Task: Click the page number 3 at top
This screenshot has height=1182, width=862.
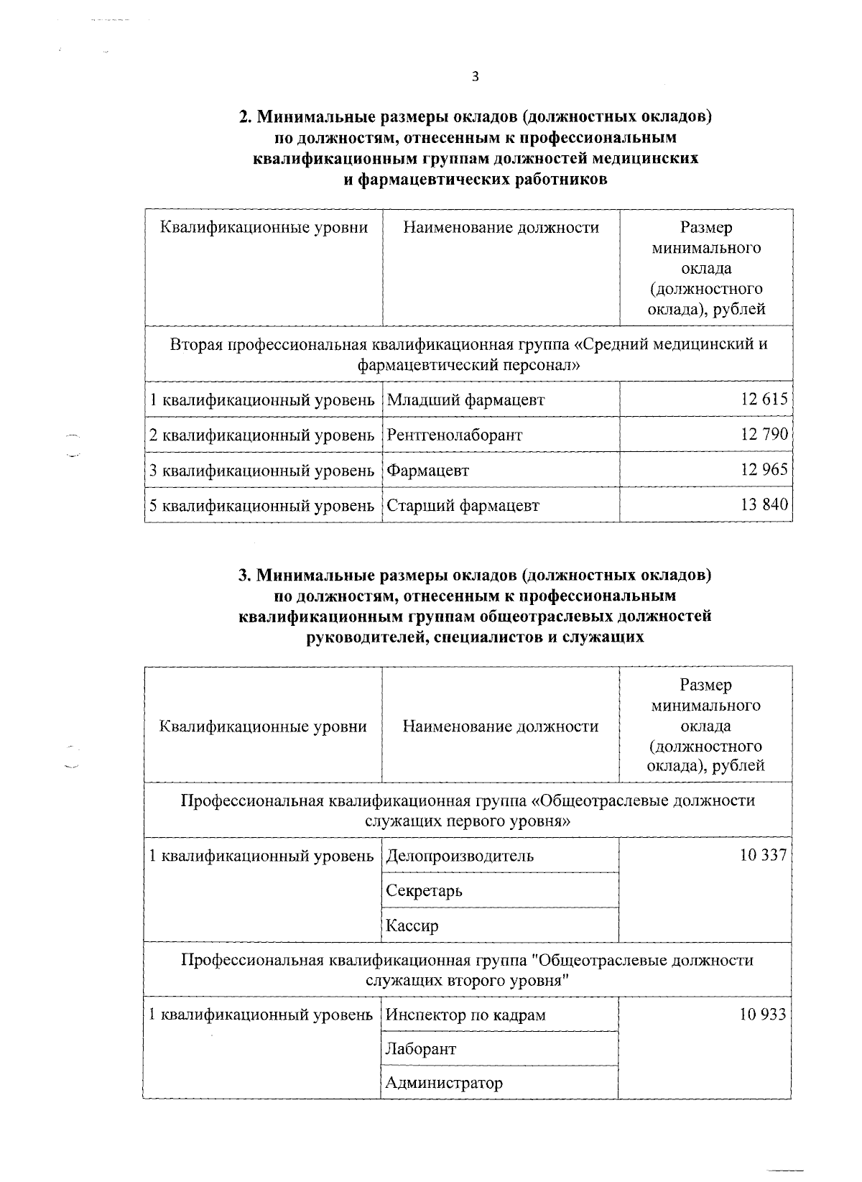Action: pyautogui.click(x=475, y=78)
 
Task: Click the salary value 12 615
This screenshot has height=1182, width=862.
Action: pyautogui.click(x=764, y=400)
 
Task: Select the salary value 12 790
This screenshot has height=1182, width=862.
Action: pyautogui.click(x=764, y=435)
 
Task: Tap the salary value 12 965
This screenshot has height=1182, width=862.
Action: pyautogui.click(x=764, y=470)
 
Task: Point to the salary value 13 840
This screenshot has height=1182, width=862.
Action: pyautogui.click(x=764, y=505)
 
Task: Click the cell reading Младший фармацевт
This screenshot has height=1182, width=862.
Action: pyautogui.click(x=465, y=400)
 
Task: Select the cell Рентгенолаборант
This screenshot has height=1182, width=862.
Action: pyautogui.click(x=455, y=435)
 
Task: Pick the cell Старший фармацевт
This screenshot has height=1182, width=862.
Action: pyautogui.click(x=463, y=506)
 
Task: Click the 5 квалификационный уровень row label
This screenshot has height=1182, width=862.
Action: pyautogui.click(x=262, y=506)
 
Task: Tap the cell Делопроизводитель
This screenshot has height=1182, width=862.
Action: pyautogui.click(x=460, y=856)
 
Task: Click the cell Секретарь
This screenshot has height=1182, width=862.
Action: pyautogui.click(x=424, y=891)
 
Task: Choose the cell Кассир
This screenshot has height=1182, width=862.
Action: pyautogui.click(x=412, y=926)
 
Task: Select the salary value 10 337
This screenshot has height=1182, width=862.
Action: pyautogui.click(x=763, y=855)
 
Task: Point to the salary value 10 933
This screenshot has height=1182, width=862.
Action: pyautogui.click(x=763, y=1014)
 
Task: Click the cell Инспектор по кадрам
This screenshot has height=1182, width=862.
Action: pyautogui.click(x=465, y=1015)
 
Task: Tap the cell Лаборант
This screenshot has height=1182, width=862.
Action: pyautogui.click(x=420, y=1049)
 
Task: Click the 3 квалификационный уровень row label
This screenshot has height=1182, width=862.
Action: pyautogui.click(x=262, y=471)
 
